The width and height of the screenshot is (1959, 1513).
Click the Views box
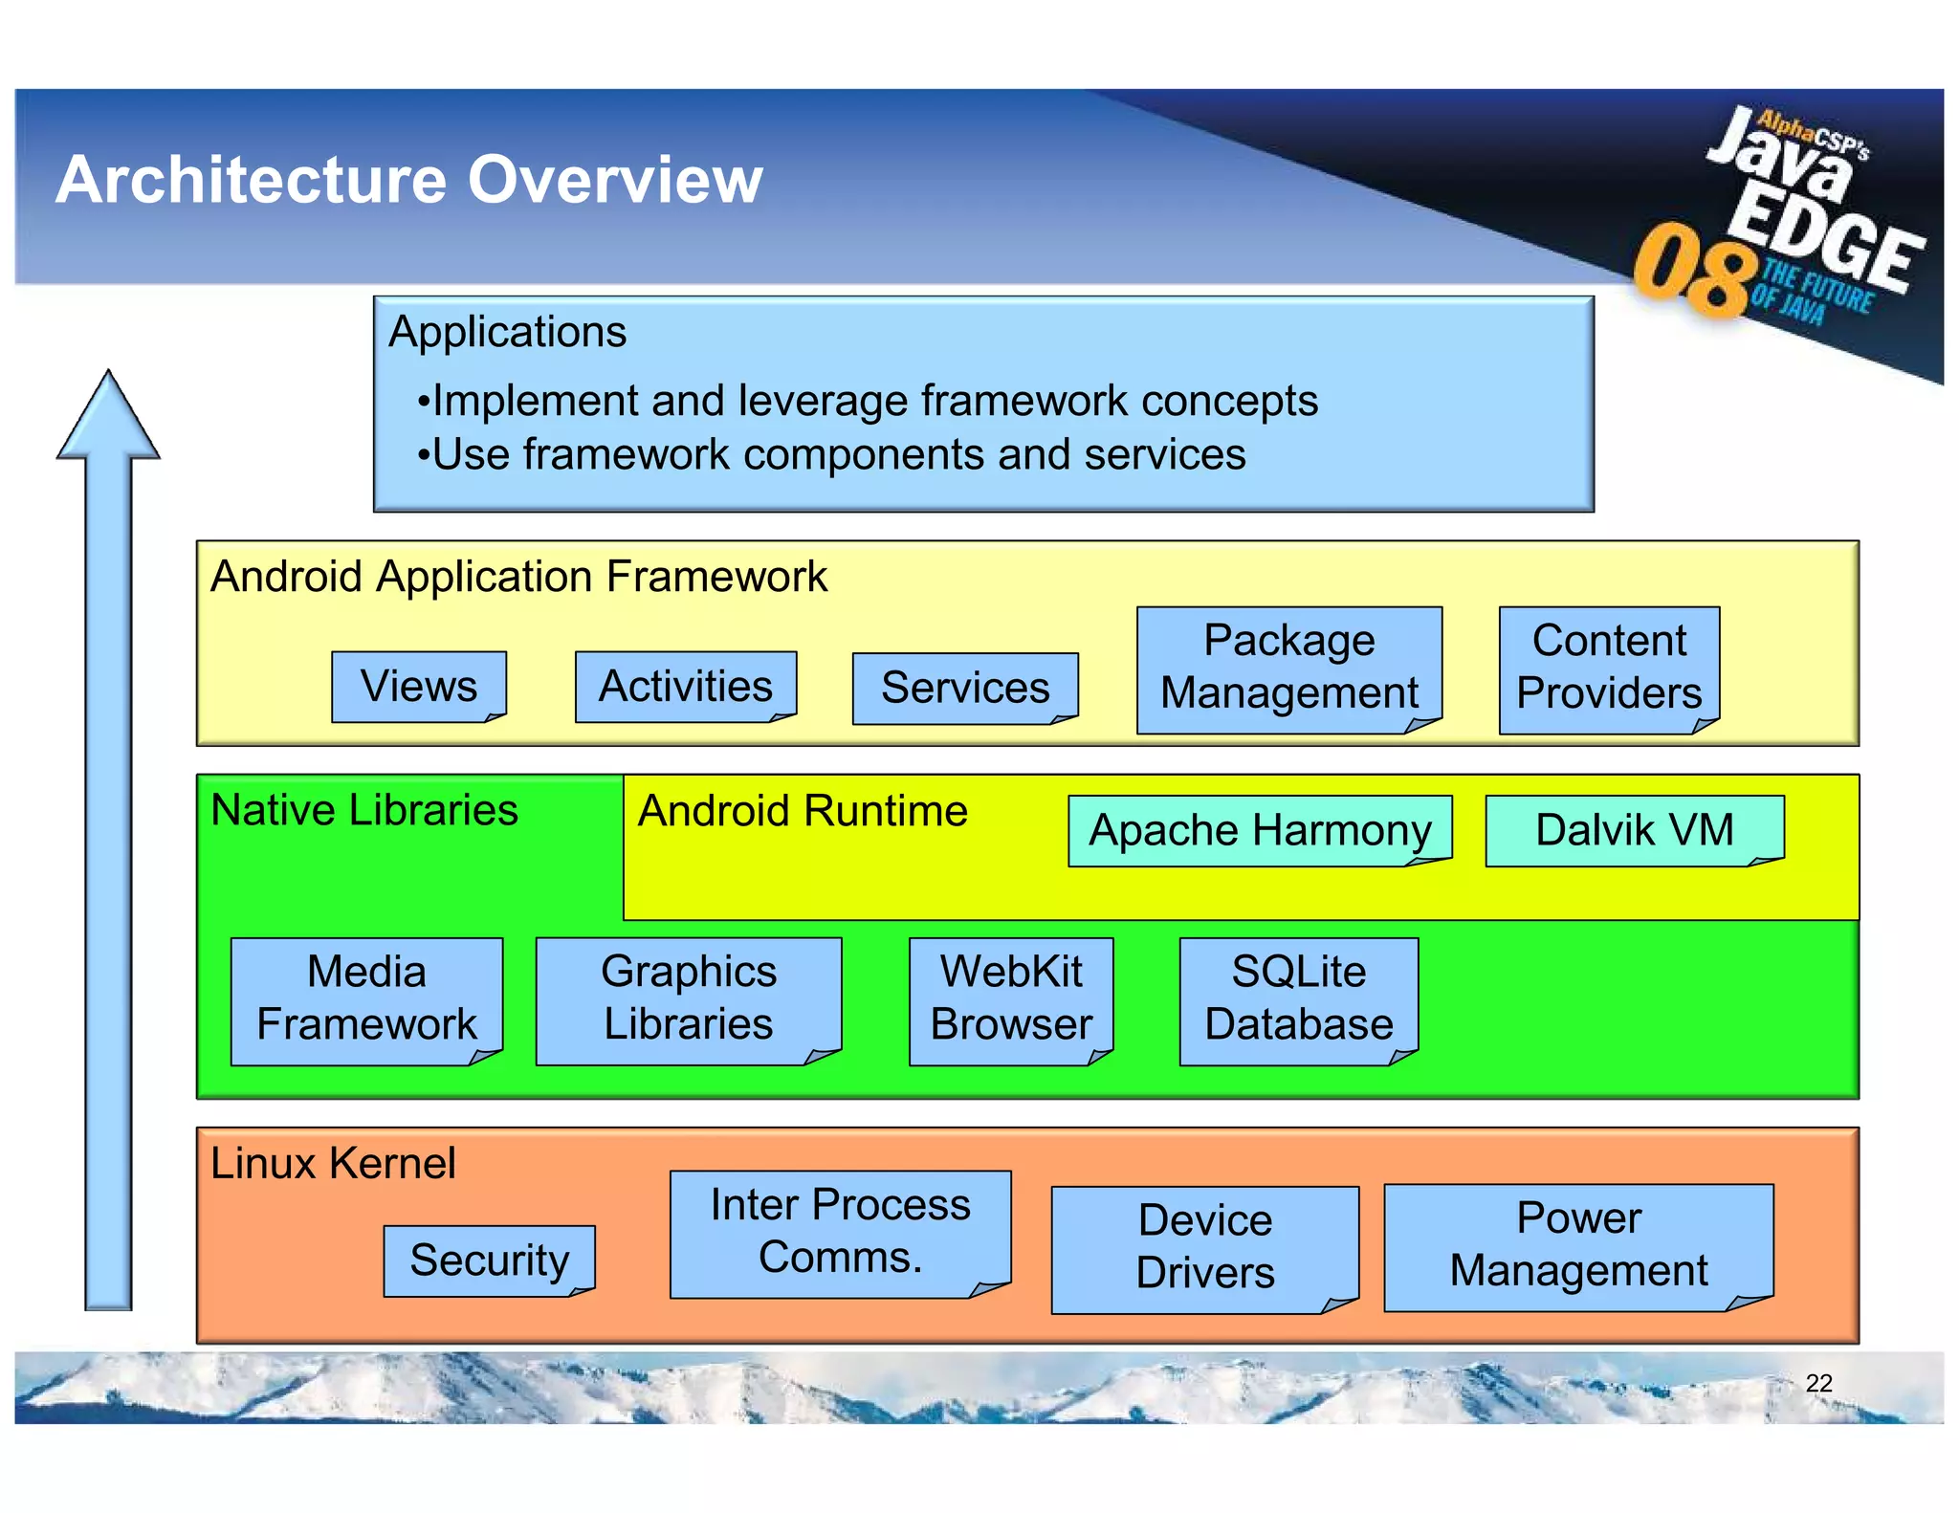click(419, 687)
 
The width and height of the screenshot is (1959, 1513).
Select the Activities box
click(686, 687)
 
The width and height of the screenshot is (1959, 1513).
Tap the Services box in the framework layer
click(965, 689)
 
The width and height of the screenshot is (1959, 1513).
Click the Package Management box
click(1288, 669)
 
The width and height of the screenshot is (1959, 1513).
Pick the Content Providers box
click(1609, 669)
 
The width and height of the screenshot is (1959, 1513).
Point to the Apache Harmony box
click(1260, 830)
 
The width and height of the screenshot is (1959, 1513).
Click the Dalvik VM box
click(1634, 830)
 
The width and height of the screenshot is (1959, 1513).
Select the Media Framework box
click(366, 999)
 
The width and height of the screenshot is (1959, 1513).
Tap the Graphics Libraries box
click(689, 999)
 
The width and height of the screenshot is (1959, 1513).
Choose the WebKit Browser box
click(1011, 999)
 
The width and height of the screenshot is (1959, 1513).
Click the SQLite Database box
click(1298, 999)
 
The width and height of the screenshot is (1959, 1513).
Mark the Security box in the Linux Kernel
click(489, 1261)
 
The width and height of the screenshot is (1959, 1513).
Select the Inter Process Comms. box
click(840, 1233)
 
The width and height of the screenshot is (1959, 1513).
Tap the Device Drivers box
click(1204, 1248)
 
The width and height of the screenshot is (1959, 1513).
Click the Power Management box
click(1578, 1246)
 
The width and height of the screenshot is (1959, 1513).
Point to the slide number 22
click(1818, 1383)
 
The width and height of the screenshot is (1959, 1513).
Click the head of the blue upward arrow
click(108, 421)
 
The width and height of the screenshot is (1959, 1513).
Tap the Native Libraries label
click(364, 810)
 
